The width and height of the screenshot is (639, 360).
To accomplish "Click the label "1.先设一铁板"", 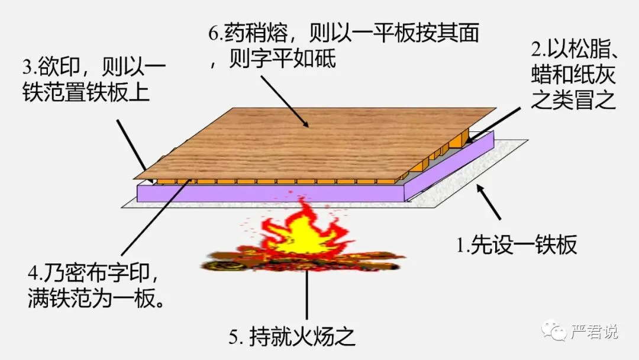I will (x=517, y=244).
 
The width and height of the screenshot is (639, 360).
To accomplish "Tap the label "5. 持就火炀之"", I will (x=292, y=336).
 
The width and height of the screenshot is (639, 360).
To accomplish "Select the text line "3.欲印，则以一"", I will (x=94, y=65).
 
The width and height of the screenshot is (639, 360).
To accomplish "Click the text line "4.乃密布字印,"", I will (x=94, y=273).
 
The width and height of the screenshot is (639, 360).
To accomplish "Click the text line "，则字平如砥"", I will (x=273, y=60).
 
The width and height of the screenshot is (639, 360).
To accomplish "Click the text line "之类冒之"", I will (x=573, y=100).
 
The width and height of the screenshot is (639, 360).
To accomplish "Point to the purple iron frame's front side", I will (x=266, y=192).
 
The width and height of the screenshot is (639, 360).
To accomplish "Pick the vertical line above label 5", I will (x=306, y=296).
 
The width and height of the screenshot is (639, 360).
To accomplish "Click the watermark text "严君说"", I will (x=594, y=332).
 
